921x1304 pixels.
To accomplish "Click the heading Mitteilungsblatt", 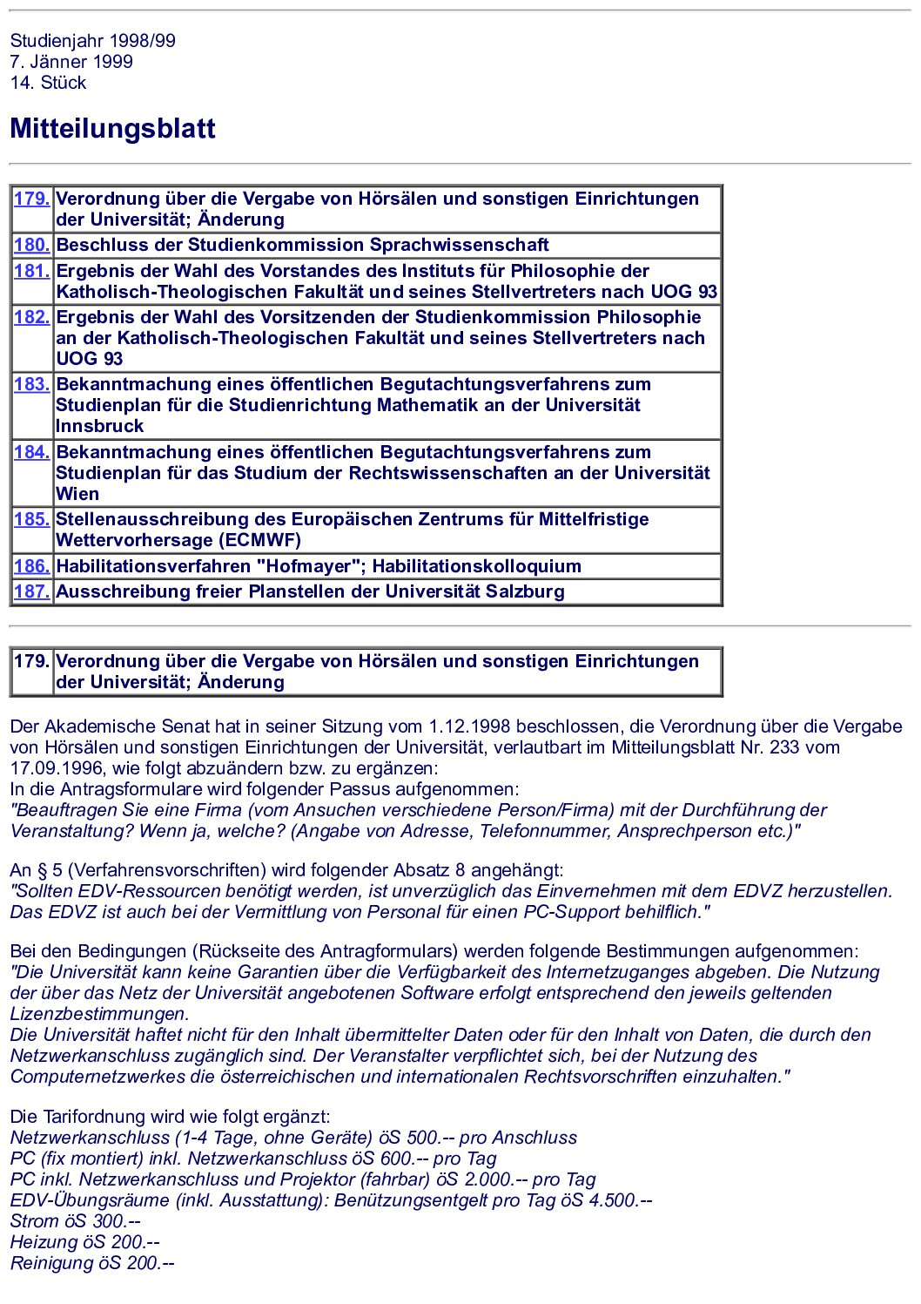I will click(112, 129).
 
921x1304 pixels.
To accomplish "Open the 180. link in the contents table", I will click(31, 245).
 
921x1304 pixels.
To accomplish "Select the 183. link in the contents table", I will click(31, 384).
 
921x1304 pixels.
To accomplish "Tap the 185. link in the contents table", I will click(31, 519).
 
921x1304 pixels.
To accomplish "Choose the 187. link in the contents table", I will click(31, 591).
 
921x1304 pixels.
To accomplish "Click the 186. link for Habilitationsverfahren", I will click(31, 566).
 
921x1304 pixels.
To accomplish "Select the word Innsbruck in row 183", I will click(100, 426).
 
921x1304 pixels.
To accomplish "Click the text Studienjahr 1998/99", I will click(92, 41).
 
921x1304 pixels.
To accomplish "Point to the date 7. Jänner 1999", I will click(71, 62).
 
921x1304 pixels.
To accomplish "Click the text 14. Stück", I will click(48, 83).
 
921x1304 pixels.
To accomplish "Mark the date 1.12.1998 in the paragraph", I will click(469, 726).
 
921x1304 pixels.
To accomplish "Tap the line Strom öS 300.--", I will click(75, 1221).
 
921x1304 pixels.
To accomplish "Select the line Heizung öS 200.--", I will click(84, 1242).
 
